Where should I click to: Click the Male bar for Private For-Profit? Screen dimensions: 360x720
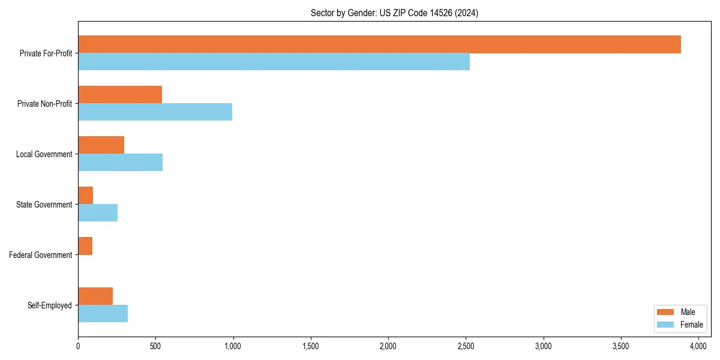[x=379, y=44]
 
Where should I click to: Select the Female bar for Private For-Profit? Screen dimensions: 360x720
[x=274, y=62]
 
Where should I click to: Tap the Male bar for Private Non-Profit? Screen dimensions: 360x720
[x=120, y=95]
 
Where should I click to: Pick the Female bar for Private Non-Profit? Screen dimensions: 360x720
[x=155, y=112]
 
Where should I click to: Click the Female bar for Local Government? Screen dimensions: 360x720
[x=120, y=163]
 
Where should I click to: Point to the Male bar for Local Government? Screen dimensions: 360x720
[x=101, y=145]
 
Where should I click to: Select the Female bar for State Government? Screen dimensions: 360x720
[x=98, y=213]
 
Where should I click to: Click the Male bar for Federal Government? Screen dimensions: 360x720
[x=85, y=246]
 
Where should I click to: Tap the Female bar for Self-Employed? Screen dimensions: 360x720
[x=103, y=314]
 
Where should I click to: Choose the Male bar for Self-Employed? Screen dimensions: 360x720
[x=95, y=296]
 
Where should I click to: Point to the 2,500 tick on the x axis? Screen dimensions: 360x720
[x=466, y=346]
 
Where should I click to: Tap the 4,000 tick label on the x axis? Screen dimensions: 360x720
[x=698, y=346]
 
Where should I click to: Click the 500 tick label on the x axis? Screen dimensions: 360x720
[x=155, y=346]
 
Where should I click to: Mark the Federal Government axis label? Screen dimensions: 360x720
[x=41, y=255]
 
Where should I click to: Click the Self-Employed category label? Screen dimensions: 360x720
[x=50, y=305]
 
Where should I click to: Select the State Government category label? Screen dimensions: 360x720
[x=44, y=205]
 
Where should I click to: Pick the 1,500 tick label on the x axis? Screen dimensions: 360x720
[x=311, y=346]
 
